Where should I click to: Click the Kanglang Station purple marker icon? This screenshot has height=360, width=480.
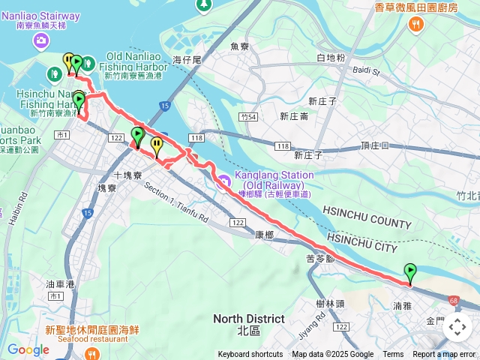pyautogui.click(x=225, y=179)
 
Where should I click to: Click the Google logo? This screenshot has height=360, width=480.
pyautogui.click(x=28, y=349)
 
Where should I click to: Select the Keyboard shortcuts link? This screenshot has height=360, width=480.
pyautogui.click(x=250, y=355)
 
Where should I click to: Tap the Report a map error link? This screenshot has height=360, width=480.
pyautogui.click(x=445, y=355)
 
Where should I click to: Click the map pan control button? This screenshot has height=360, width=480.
pyautogui.click(x=457, y=327)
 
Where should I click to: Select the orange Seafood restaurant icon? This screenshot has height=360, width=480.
pyautogui.click(x=35, y=329)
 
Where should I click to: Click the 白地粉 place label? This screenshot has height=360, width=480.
pyautogui.click(x=331, y=58)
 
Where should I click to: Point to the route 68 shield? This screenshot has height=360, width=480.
pyautogui.click(x=454, y=301)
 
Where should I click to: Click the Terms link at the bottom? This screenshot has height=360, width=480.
pyautogui.click(x=393, y=355)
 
